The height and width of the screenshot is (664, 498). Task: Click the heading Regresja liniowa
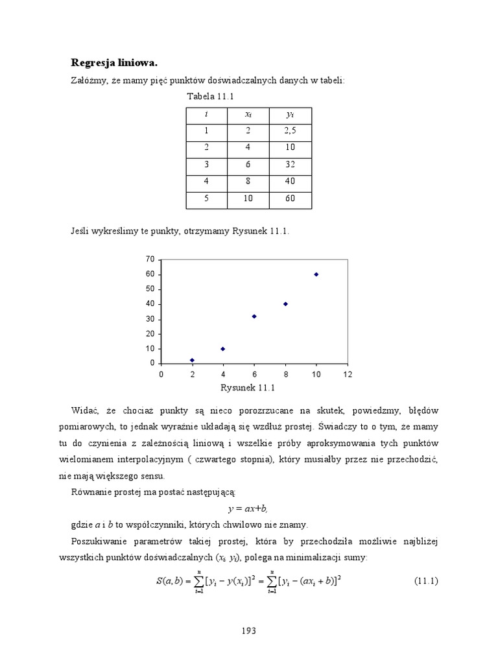(x=114, y=63)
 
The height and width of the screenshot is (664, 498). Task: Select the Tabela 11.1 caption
(x=210, y=97)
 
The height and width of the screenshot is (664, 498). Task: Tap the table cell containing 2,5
(x=290, y=131)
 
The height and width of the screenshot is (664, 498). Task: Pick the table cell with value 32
(x=290, y=165)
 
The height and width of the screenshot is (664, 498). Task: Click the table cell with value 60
(x=290, y=198)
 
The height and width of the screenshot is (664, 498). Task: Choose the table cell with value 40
(x=290, y=182)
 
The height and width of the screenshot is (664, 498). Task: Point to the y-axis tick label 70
(x=150, y=259)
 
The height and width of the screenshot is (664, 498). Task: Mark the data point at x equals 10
(x=316, y=274)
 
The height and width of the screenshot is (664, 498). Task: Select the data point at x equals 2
(x=192, y=360)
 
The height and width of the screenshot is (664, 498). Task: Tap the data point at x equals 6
(x=254, y=316)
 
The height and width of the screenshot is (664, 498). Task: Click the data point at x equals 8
(x=285, y=304)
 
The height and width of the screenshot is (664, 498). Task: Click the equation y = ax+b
(x=249, y=510)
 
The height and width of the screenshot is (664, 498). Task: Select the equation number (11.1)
(x=426, y=581)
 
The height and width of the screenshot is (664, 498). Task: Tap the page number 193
(x=249, y=630)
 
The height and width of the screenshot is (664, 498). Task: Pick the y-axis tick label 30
(x=150, y=319)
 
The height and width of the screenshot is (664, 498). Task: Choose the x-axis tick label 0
(x=161, y=374)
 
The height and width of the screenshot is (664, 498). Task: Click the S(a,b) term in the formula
(x=171, y=581)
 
